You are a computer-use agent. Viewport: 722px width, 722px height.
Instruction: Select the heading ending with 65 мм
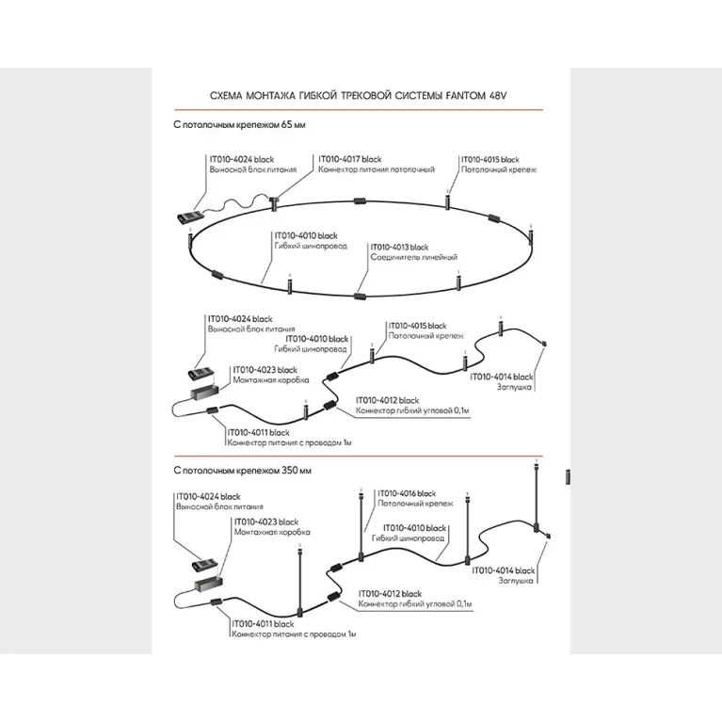240,124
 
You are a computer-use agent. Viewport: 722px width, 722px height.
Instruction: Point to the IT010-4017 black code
351,159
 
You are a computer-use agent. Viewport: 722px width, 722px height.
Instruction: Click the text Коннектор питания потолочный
377,168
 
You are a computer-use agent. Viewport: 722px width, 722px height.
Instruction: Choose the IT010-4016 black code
407,493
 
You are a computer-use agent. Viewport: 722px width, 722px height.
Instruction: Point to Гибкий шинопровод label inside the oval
306,245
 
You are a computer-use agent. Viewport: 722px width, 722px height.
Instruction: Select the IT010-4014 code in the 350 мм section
503,570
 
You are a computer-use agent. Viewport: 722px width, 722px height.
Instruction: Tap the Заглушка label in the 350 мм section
517,581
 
